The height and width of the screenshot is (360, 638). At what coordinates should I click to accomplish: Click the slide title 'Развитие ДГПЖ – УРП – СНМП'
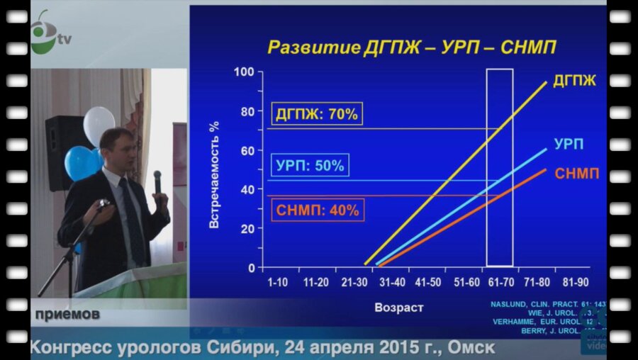[x=411, y=47]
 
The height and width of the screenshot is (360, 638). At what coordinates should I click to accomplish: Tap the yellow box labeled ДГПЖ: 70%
[x=317, y=114]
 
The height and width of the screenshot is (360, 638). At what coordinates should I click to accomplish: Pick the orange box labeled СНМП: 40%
[x=317, y=210]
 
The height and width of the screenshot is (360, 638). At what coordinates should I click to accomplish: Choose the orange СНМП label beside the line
[x=577, y=174]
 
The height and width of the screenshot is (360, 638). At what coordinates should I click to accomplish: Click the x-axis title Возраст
[x=399, y=308]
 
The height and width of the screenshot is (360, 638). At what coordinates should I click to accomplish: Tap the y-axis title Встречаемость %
[x=214, y=174]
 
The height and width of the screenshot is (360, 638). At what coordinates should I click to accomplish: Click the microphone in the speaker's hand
[x=157, y=182]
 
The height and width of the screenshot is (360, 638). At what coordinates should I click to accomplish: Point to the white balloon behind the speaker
[x=99, y=124]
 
